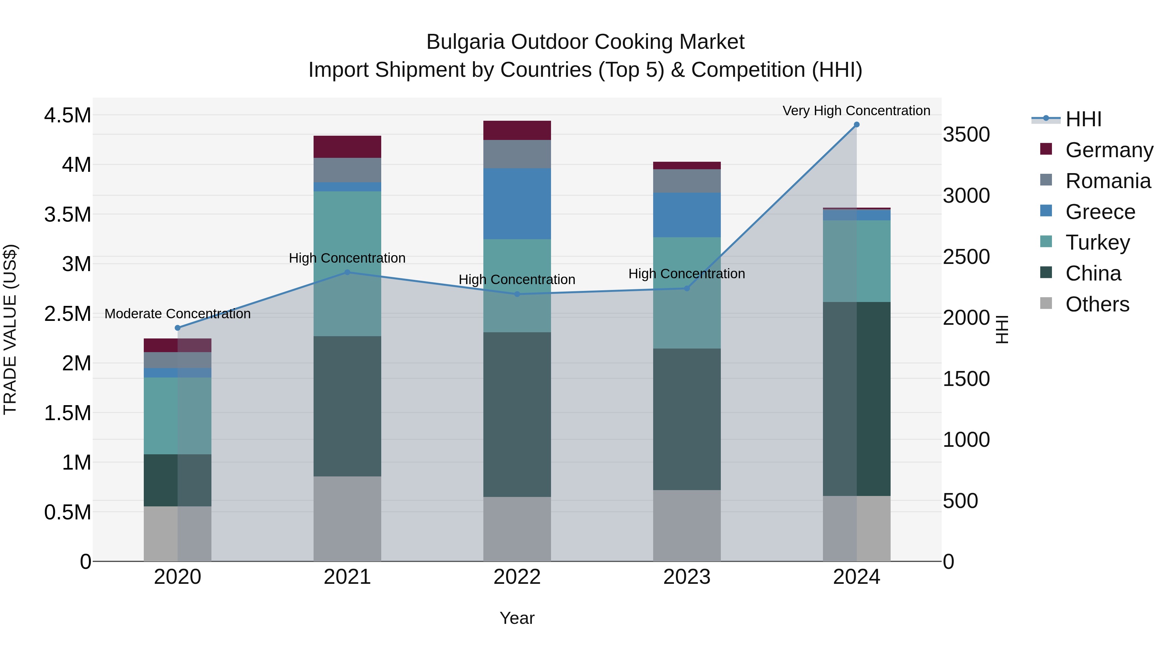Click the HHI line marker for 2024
tap(856, 125)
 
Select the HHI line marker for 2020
tap(178, 328)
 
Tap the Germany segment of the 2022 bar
tap(517, 130)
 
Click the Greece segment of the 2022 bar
tap(517, 204)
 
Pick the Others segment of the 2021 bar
tap(347, 518)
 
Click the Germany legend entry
tap(1109, 150)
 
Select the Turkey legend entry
tap(1097, 242)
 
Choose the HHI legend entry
tap(1083, 119)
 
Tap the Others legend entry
tap(1097, 304)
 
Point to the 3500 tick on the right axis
tap(966, 135)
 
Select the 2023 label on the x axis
tap(686, 577)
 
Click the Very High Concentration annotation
tap(856, 111)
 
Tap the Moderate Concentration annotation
tap(178, 314)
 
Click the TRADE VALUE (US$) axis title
tap(10, 329)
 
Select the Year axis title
tap(517, 618)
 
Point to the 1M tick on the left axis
tap(76, 462)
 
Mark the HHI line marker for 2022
tap(517, 294)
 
